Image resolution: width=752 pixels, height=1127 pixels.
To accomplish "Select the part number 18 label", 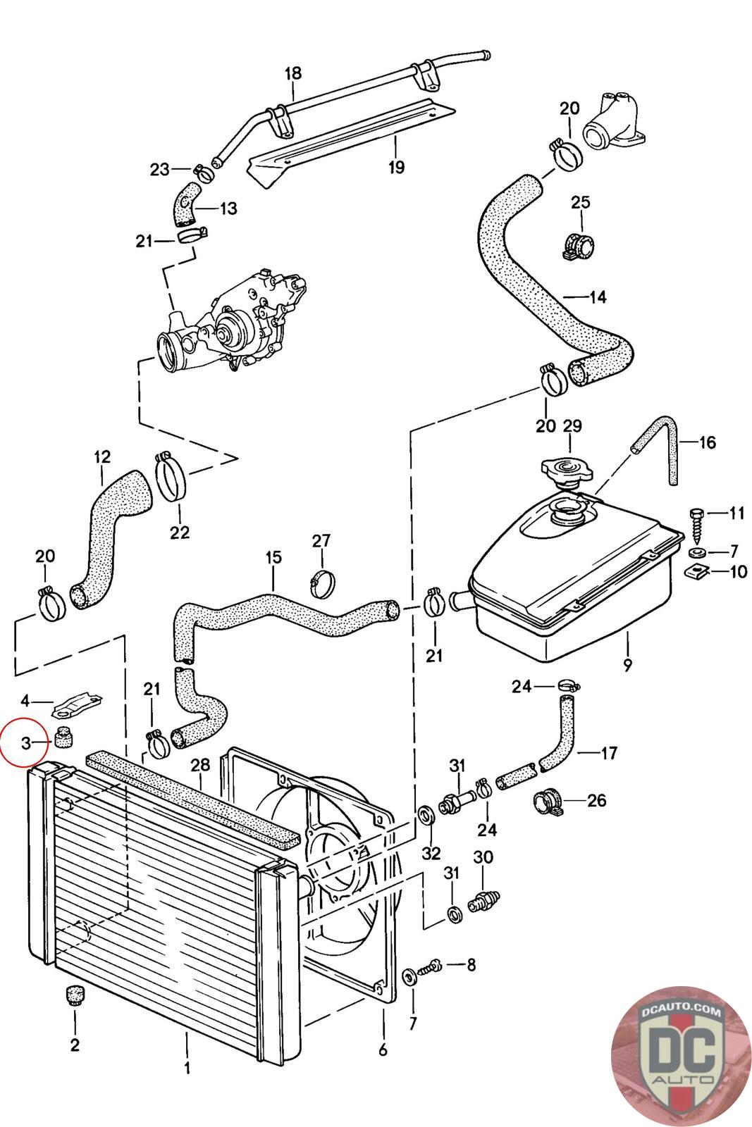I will coord(293,73).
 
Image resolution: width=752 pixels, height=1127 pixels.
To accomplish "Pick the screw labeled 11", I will coord(698,522).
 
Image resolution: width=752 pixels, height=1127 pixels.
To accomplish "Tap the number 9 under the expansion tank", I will coord(627,664).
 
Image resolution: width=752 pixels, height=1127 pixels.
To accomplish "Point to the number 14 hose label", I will coord(597,297).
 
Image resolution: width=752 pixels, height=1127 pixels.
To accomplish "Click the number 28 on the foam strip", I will coord(200,765).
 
